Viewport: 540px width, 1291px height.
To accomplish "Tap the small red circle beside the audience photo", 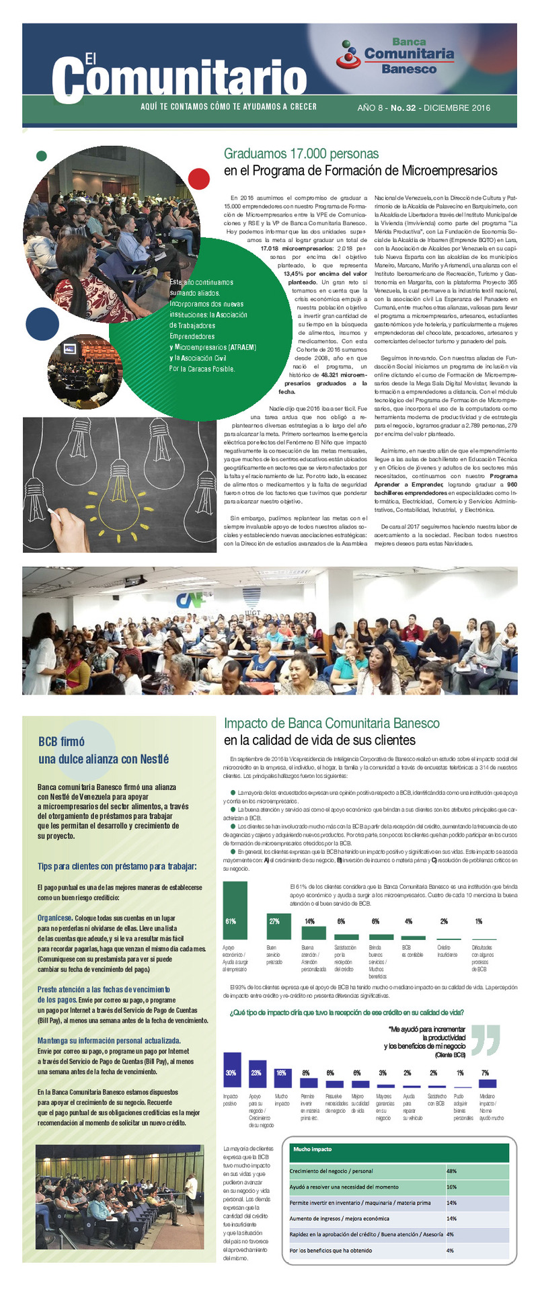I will [x=199, y=179].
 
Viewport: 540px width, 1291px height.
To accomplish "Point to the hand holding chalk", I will [x=67, y=531].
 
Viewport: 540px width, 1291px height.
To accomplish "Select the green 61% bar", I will [x=235, y=910].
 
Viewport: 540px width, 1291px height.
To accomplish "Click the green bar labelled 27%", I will [x=274, y=926].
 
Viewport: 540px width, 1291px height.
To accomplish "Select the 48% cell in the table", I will [x=452, y=1171].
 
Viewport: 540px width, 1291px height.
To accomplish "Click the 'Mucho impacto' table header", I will [x=313, y=1149].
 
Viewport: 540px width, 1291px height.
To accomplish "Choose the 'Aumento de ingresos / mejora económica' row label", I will [x=340, y=1218].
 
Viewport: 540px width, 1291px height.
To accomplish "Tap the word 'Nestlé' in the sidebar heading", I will [x=154, y=759].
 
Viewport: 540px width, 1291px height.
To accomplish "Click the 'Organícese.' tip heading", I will [x=54, y=918].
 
